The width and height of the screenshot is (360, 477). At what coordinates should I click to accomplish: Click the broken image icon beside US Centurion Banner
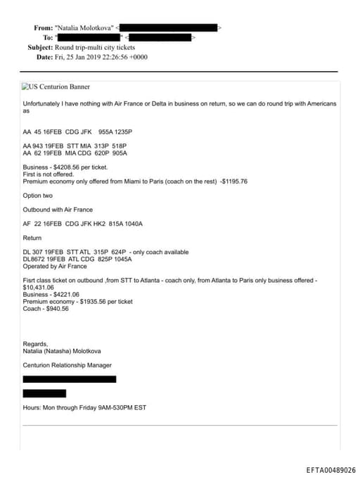(25, 87)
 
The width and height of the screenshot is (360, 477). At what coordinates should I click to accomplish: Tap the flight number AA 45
(32, 131)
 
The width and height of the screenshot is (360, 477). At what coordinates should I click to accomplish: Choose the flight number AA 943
(33, 146)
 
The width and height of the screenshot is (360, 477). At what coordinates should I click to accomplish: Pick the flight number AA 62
(32, 153)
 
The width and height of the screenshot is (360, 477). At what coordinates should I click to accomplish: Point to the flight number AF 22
(32, 224)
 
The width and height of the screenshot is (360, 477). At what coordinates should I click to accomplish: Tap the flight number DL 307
(34, 252)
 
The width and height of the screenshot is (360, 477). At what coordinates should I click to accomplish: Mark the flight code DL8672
(35, 259)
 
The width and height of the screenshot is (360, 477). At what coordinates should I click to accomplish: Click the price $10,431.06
(38, 287)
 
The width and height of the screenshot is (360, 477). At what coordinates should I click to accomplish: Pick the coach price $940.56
(56, 308)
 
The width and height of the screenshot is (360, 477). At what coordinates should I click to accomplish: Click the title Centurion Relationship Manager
(67, 364)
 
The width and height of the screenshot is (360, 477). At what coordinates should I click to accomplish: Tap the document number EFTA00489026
(330, 470)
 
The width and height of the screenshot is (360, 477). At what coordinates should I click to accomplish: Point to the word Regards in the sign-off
(35, 343)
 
